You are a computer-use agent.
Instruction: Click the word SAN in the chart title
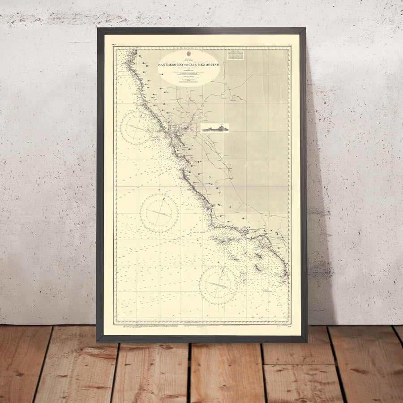163,65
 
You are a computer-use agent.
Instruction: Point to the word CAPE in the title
197,65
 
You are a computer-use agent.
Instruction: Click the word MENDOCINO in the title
211,65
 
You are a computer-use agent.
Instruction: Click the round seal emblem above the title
189,56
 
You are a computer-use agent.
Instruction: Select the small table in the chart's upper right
235,55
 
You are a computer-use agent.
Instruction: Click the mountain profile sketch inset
215,128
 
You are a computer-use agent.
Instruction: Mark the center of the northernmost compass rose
136,128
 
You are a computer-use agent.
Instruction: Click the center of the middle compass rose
159,213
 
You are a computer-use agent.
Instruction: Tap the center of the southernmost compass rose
218,285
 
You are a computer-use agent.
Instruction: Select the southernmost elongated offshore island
258,267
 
